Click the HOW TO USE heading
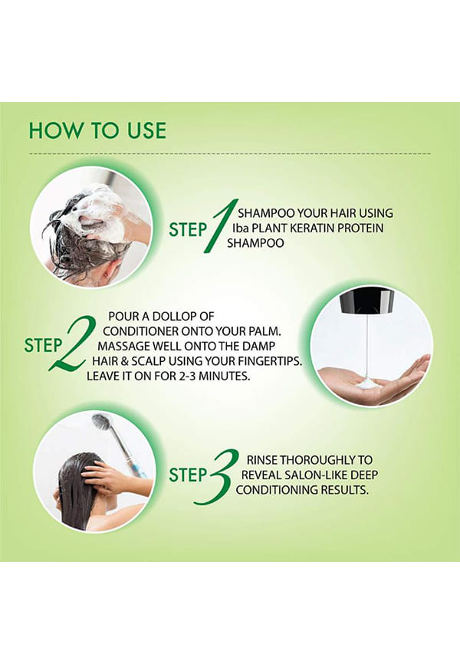(x=97, y=130)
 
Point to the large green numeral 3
(x=216, y=477)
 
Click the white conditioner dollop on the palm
(x=367, y=384)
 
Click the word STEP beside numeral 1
(x=187, y=229)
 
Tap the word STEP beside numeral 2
(x=43, y=345)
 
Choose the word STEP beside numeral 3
(x=187, y=475)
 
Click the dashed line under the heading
(x=230, y=153)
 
